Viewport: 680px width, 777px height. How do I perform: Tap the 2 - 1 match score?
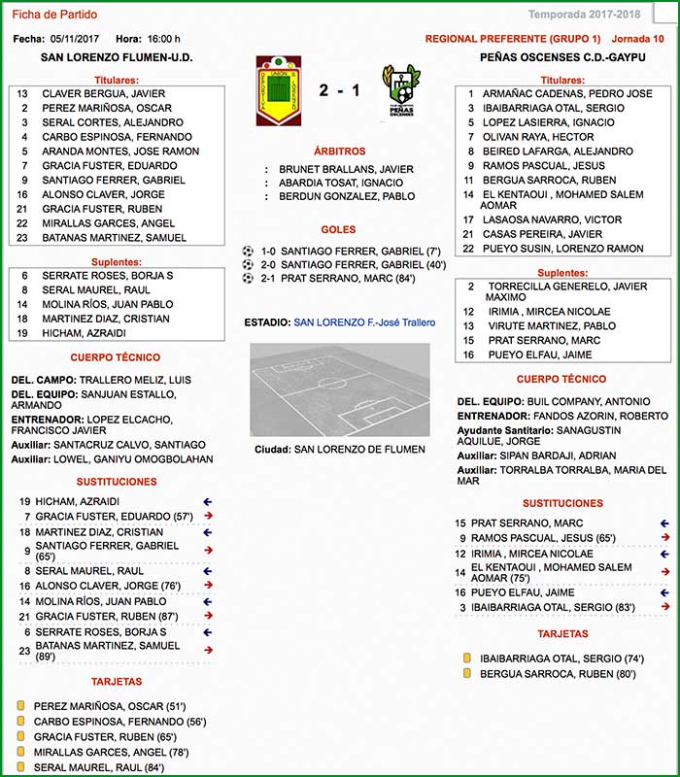click(x=339, y=91)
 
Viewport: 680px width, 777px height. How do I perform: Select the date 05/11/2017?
click(x=76, y=39)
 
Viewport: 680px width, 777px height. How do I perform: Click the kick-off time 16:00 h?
click(x=162, y=39)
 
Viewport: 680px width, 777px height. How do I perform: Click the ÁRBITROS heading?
click(x=339, y=152)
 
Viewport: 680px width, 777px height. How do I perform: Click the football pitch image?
click(x=339, y=388)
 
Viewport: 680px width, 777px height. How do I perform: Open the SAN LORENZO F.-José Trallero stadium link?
click(x=364, y=322)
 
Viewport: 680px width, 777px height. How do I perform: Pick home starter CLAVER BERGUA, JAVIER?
click(x=104, y=94)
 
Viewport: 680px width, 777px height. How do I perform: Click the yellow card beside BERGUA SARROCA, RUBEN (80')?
click(x=467, y=673)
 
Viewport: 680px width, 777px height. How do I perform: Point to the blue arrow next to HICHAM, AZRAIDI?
click(x=208, y=501)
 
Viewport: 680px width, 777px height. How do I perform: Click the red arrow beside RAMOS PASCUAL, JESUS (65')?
click(x=664, y=537)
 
